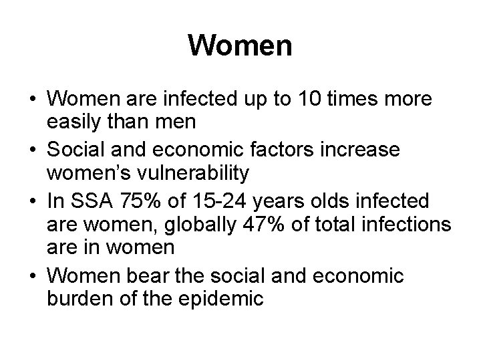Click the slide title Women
point(240,46)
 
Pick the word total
point(327,224)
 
